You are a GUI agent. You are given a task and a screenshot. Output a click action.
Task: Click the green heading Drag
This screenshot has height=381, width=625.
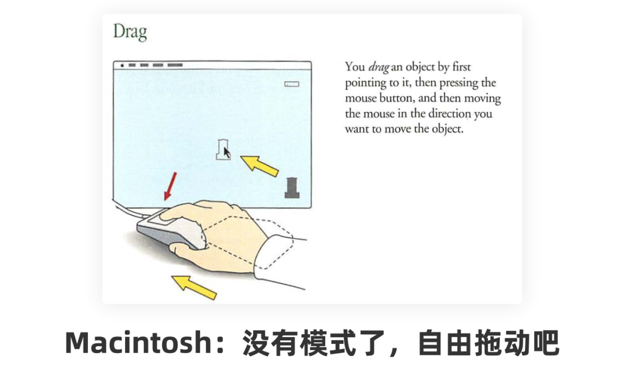coord(130,31)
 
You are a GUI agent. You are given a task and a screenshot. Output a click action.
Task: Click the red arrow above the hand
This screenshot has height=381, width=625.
coord(171,186)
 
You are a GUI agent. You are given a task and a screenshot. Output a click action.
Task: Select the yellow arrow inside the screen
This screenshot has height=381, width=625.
coord(259,166)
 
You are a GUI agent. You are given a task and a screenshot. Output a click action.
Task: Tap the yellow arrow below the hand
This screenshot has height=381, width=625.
coord(194,287)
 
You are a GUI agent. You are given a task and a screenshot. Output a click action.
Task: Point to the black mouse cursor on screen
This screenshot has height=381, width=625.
coord(226,153)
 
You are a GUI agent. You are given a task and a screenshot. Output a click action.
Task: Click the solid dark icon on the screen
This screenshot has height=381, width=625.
coord(292,188)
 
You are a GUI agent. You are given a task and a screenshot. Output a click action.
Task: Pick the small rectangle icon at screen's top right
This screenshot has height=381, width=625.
coord(291,84)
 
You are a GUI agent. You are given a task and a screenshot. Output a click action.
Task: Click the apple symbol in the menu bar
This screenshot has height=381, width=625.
coord(122,65)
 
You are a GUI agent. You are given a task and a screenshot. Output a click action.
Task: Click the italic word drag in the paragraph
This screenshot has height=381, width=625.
coord(378,67)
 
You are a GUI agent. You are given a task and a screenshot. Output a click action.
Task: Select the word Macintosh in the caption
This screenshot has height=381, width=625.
coord(138,343)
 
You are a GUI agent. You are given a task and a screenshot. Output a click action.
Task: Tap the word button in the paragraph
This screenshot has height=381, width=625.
coord(396,98)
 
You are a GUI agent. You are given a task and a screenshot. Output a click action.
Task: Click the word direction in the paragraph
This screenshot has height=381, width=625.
coord(450,113)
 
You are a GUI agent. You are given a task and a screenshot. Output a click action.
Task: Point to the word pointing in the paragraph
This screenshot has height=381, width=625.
coord(366,83)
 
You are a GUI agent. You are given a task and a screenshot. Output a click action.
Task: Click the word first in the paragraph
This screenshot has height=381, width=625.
coord(461,67)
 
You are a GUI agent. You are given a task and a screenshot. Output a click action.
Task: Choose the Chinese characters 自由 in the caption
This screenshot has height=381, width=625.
coord(446,343)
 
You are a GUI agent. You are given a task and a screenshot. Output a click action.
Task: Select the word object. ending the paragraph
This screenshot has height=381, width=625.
coord(447,130)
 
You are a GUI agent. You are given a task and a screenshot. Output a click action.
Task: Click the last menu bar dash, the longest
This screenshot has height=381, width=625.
coord(175,65)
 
